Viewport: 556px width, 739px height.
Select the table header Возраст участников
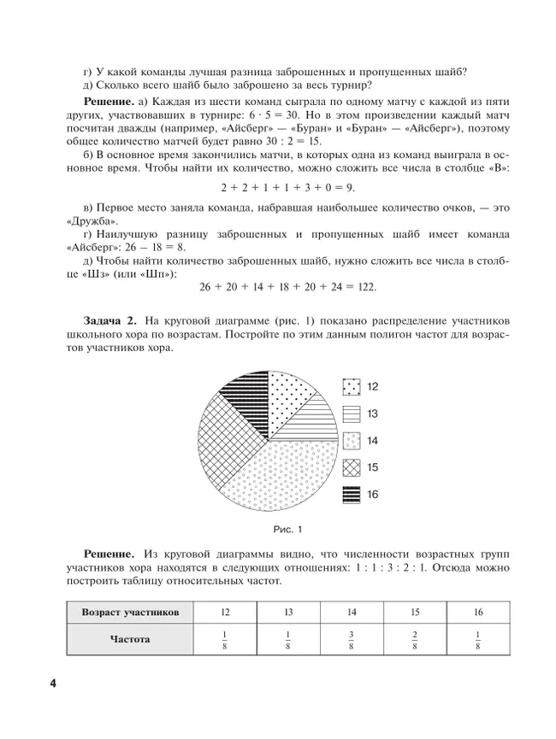coord(130,613)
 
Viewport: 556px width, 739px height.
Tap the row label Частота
coord(130,640)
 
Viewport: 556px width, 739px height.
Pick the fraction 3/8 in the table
coord(352,640)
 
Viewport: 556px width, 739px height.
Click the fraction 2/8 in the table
coord(415,640)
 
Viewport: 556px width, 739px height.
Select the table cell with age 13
coord(288,613)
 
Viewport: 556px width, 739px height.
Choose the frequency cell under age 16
coord(478,640)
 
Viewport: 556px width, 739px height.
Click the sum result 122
coord(363,286)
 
